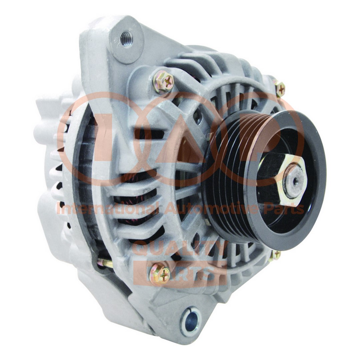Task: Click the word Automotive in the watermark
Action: (212, 209)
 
